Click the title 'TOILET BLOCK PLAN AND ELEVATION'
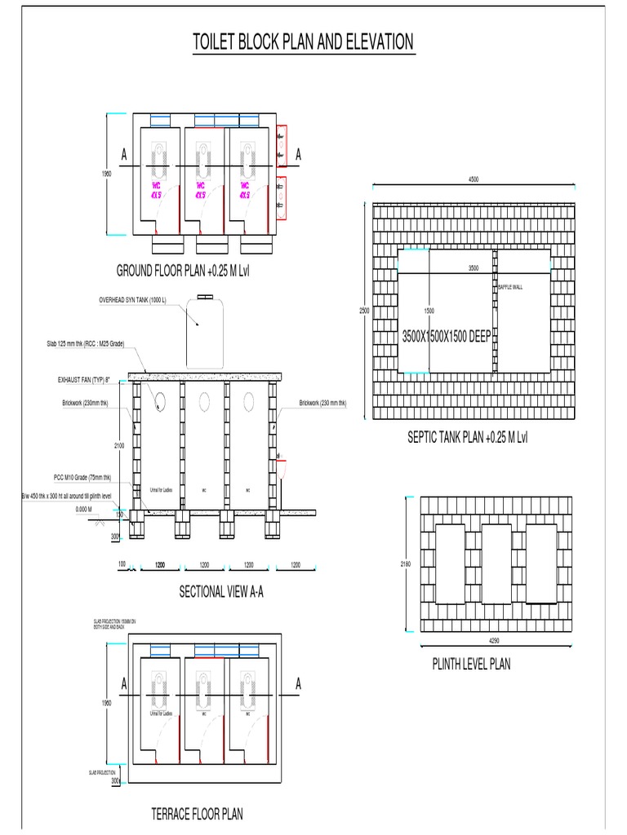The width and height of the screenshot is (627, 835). (x=302, y=42)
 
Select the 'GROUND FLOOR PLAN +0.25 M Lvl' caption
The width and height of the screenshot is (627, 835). (x=182, y=271)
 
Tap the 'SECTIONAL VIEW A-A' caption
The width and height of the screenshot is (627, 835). (x=221, y=592)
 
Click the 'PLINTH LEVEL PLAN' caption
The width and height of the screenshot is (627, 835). (x=471, y=664)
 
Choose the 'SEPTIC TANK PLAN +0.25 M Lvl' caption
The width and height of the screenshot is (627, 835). (x=467, y=438)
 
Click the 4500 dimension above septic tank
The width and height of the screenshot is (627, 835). (x=474, y=180)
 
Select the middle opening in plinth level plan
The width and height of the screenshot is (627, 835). (x=496, y=563)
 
